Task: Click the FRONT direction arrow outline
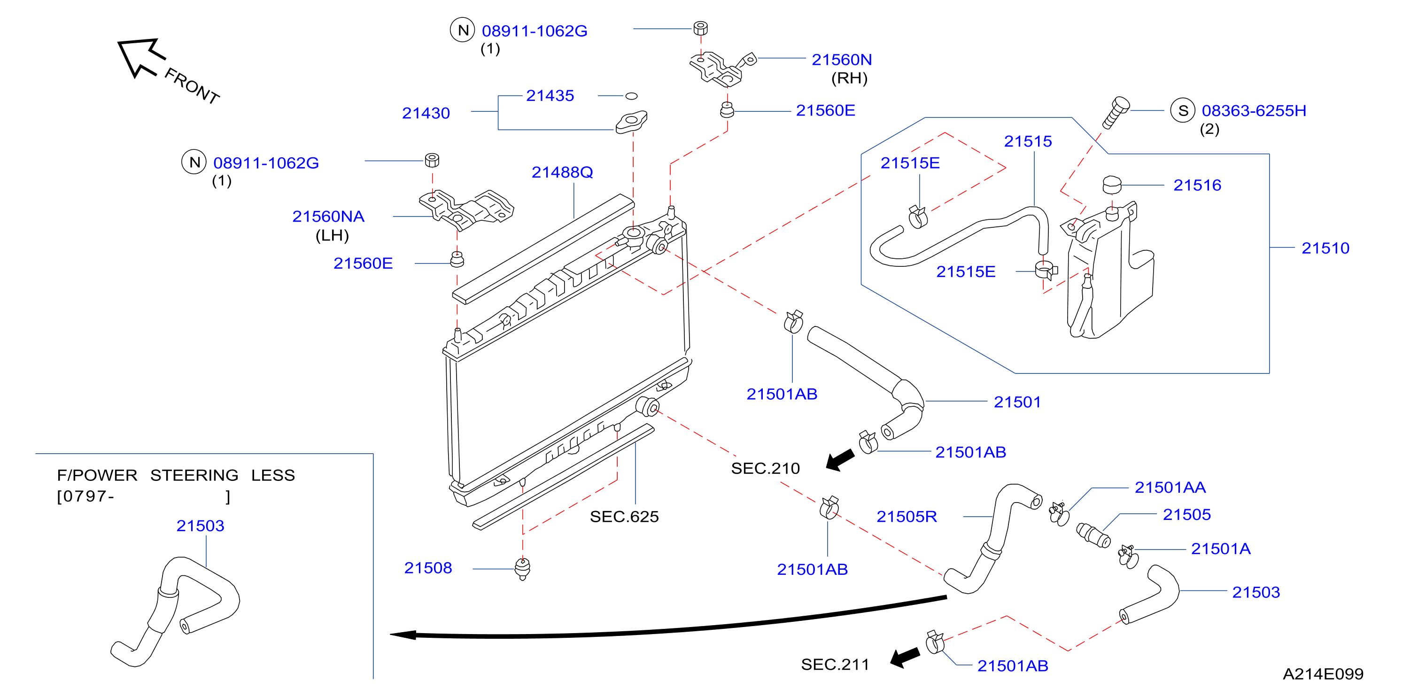coord(139,56)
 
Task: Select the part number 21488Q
coord(562,172)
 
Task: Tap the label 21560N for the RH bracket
coord(842,60)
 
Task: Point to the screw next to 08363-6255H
coord(1116,112)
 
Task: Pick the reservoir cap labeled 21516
coord(1112,185)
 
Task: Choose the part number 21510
coord(1325,248)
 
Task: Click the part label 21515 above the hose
coord(1028,141)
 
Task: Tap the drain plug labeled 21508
coord(522,569)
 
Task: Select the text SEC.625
coord(624,517)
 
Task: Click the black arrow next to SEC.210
coord(841,459)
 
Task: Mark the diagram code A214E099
coord(1323,674)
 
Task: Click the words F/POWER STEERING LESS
coord(176,475)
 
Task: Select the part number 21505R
coord(907,517)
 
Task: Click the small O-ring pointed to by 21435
coord(631,96)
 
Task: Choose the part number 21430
coord(426,113)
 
